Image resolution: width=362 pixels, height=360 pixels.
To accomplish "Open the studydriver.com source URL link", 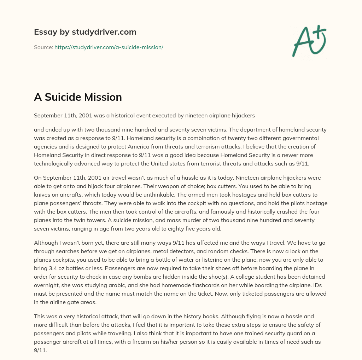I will [109, 47].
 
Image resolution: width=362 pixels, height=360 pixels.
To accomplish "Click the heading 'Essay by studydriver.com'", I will [85, 32].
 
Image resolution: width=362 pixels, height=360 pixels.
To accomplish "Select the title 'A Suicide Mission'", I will [78, 97].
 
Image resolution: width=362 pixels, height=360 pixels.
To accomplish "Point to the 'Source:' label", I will [43, 47].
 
